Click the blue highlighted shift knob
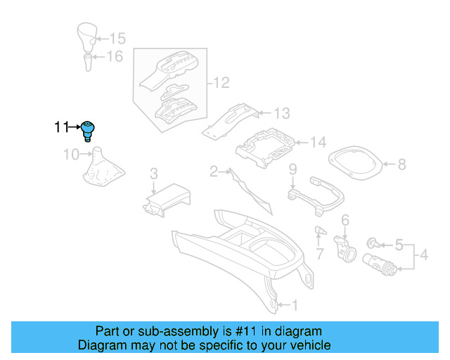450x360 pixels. pyautogui.click(x=89, y=129)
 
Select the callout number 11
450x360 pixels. pyautogui.click(x=61, y=127)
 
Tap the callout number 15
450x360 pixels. pyautogui.click(x=117, y=39)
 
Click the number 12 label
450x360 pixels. pyautogui.click(x=221, y=84)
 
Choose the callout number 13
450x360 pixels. pyautogui.click(x=281, y=112)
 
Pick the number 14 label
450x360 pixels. pyautogui.click(x=318, y=143)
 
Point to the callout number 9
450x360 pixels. pyautogui.click(x=293, y=169)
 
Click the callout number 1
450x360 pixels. pyautogui.click(x=295, y=305)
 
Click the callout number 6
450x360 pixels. pyautogui.click(x=345, y=221)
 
